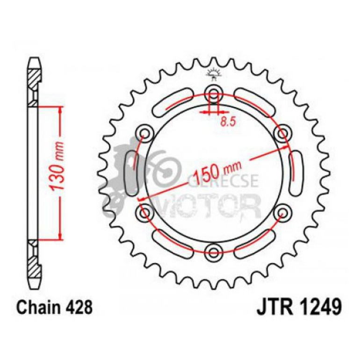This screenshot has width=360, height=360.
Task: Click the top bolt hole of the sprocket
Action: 214,92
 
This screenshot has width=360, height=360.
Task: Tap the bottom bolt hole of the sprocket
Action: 214,253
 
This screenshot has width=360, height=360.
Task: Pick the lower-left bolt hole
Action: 144,214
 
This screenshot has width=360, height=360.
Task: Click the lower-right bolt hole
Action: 282,214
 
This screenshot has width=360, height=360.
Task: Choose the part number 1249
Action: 318,309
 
